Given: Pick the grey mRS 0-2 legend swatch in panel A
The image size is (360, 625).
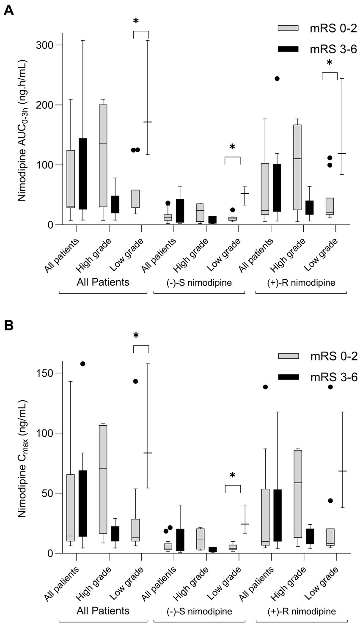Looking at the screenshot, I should pyautogui.click(x=288, y=28).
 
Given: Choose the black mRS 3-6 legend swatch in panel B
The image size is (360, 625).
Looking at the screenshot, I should pyautogui.click(x=288, y=377).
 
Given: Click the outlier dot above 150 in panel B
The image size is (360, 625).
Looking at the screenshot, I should pyautogui.click(x=83, y=364).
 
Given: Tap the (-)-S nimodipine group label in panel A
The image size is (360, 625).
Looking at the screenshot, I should pyautogui.click(x=199, y=283).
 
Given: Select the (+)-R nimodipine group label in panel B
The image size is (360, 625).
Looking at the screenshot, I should pyautogui.click(x=301, y=611).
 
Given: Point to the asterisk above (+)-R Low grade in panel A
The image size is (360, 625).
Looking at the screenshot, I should pyautogui.click(x=330, y=63).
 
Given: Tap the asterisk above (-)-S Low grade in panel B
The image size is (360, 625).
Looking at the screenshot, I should pyautogui.click(x=232, y=475).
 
